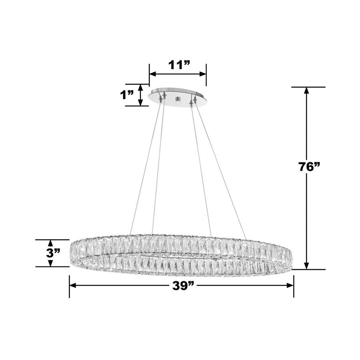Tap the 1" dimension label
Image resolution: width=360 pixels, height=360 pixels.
(128, 95)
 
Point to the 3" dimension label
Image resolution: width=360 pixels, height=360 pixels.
(53, 253)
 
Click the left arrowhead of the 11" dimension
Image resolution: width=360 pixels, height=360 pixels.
(152, 74)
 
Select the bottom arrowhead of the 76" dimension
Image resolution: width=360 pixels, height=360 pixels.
(307, 266)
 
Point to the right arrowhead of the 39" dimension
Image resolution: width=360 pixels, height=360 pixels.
(290, 285)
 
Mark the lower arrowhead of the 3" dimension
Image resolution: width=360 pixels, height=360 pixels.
(50, 264)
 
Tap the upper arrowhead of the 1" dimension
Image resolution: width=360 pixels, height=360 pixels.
(140, 87)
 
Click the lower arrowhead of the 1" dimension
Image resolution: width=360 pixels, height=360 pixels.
(140, 103)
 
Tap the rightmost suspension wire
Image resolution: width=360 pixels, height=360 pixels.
(224, 168)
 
